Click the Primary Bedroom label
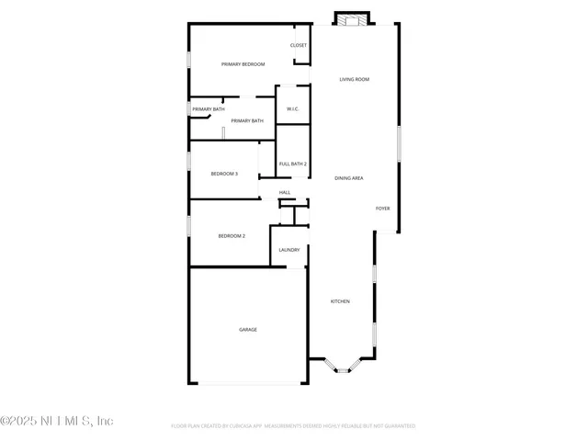[x=243, y=64]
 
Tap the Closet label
[x=299, y=45]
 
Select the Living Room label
[x=354, y=80]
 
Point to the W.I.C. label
[x=292, y=109]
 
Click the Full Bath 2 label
[x=292, y=164]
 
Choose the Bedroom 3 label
[x=224, y=174]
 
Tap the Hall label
[x=285, y=192]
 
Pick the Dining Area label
[x=349, y=178]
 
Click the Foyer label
[x=382, y=209]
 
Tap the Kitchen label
[x=340, y=301]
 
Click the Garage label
[x=248, y=329]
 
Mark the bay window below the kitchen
[x=342, y=368]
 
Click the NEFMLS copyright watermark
[x=57, y=421]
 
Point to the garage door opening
[x=248, y=384]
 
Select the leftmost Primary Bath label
[x=208, y=109]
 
